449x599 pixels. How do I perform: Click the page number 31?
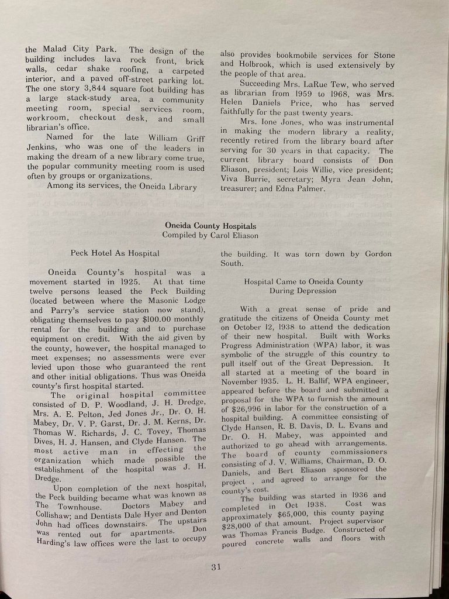point(216,566)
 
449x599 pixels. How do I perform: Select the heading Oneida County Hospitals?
point(210,225)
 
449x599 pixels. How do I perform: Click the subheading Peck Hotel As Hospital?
point(115,253)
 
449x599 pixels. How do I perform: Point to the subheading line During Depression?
point(294,290)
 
